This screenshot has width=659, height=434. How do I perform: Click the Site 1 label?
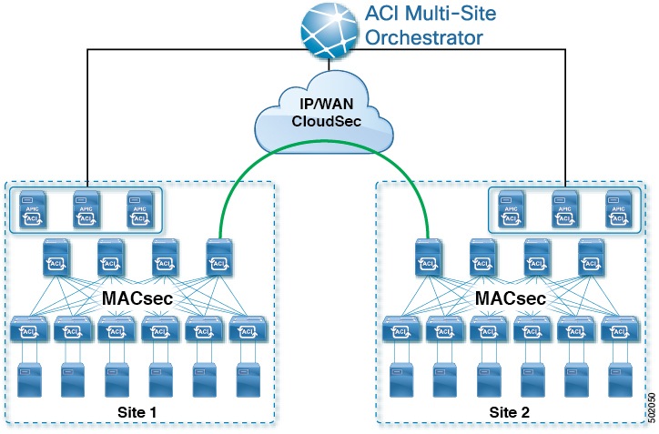[137, 411]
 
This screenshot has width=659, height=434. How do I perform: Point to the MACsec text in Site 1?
[138, 298]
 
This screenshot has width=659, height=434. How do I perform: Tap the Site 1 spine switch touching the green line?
[218, 257]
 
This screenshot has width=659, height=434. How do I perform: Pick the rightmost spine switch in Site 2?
[593, 257]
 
